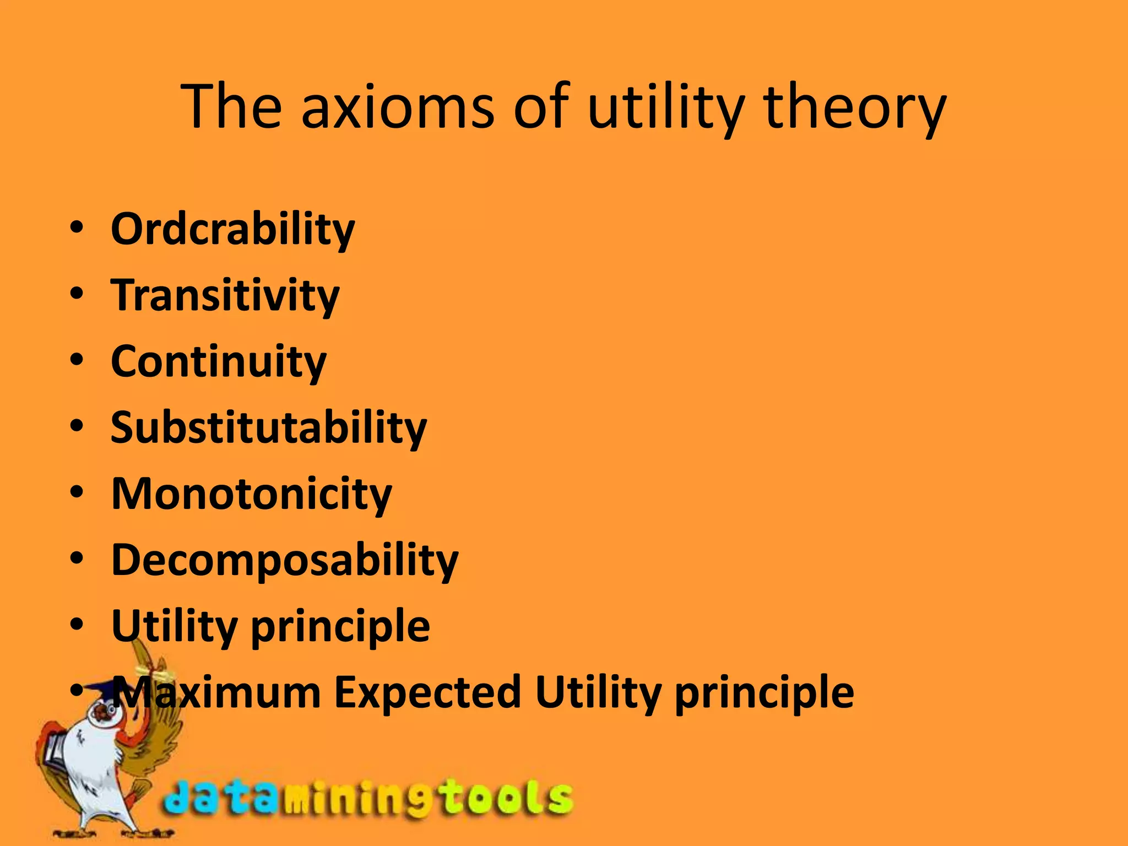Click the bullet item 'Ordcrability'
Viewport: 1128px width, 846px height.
(x=232, y=229)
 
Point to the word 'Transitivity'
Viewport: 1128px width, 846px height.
(x=225, y=295)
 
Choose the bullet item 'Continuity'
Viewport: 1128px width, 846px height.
(x=219, y=361)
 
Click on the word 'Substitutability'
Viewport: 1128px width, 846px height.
(x=269, y=427)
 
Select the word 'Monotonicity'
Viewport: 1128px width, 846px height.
(x=251, y=493)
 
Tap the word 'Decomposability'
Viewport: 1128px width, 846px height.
(x=285, y=560)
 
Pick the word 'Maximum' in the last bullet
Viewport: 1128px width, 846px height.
(x=217, y=692)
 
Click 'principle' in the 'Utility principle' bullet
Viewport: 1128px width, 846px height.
(x=340, y=626)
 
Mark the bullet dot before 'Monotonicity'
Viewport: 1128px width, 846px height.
(x=77, y=491)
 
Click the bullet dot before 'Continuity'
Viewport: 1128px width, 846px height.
(x=77, y=359)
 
